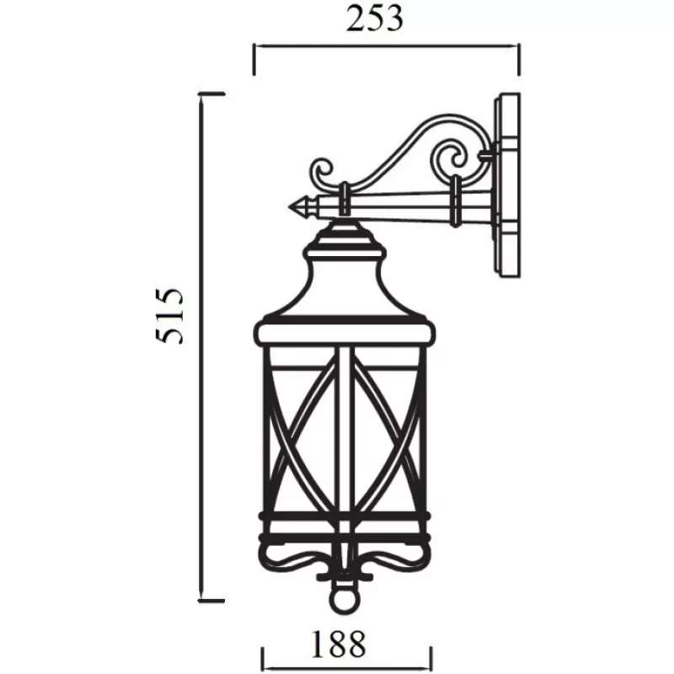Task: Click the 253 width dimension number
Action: point(374,19)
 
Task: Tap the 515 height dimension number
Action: point(169,317)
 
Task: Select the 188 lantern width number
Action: point(338,644)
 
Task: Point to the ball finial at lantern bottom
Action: point(345,597)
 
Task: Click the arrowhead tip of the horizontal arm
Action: point(289,207)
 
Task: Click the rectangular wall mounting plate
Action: point(507,185)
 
